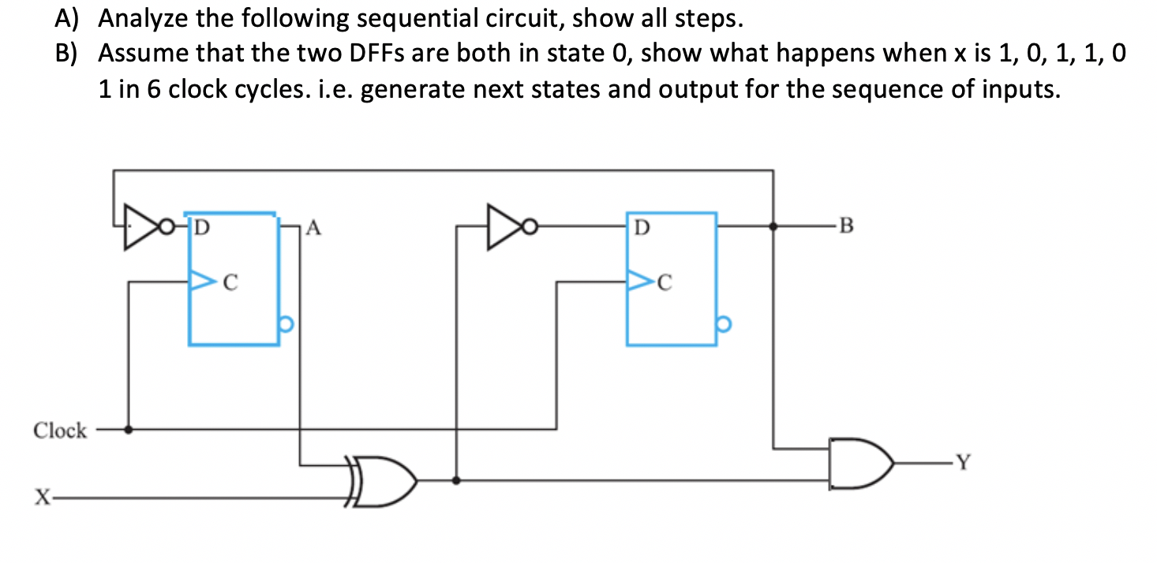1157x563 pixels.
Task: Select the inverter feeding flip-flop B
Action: point(507,228)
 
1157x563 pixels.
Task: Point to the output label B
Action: point(847,229)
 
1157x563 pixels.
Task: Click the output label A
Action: point(313,229)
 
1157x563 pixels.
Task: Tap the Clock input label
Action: point(60,431)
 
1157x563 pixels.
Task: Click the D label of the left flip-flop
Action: point(202,229)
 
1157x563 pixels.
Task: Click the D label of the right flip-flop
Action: point(642,229)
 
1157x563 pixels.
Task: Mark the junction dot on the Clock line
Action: point(129,430)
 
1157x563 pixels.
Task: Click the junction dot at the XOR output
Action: point(456,479)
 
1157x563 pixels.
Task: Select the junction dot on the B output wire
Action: point(773,226)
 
